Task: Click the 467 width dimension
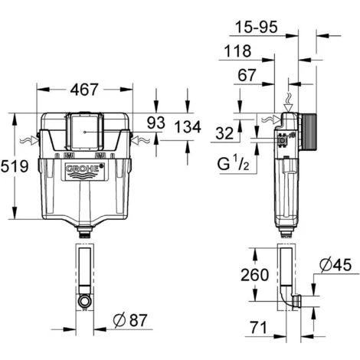tap(84, 90)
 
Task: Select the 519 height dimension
tap(14, 166)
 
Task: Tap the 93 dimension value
tap(156, 123)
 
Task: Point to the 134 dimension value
tap(188, 127)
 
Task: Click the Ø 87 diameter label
tap(131, 320)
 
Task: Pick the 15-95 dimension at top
tap(256, 27)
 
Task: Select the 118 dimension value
tap(237, 51)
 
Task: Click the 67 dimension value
tap(247, 75)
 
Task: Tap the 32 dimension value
tap(224, 133)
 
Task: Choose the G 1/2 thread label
tap(233, 164)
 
